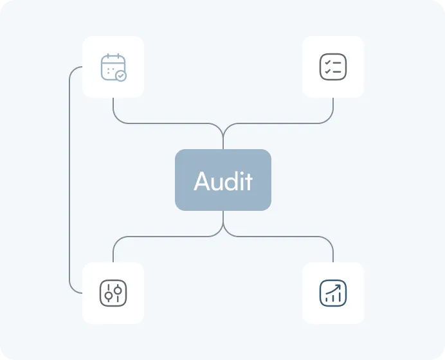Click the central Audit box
(x=223, y=180)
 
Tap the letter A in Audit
(x=203, y=181)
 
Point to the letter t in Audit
(x=248, y=181)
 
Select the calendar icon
(x=113, y=67)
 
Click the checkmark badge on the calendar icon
(x=121, y=75)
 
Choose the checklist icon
(x=333, y=66)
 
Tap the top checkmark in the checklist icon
(x=327, y=62)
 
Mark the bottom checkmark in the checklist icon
(x=327, y=71)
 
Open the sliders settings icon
(x=113, y=292)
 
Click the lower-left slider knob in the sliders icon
(x=109, y=296)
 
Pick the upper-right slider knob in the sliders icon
(x=118, y=289)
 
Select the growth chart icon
(x=333, y=292)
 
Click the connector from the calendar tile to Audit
(x=161, y=123)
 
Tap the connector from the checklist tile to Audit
(x=283, y=123)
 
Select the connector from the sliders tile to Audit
(x=161, y=237)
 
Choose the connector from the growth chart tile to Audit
(x=283, y=237)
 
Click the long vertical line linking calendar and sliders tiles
(x=69, y=180)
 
